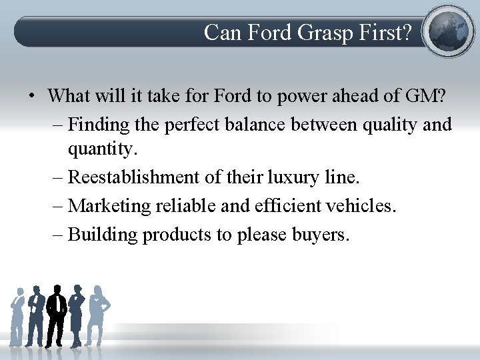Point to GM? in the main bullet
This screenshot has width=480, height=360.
[x=424, y=95]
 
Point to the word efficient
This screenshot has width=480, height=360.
[x=287, y=205]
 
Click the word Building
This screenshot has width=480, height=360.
[x=103, y=235]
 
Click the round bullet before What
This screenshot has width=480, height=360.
[x=32, y=96]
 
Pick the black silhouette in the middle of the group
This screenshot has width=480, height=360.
[x=57, y=313]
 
